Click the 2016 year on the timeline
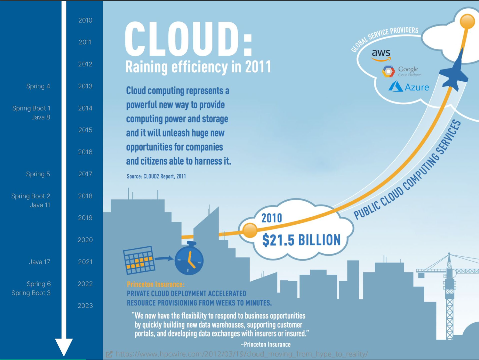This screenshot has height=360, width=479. point(85,152)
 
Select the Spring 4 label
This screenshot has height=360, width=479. point(38,86)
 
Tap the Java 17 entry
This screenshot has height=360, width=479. point(39,262)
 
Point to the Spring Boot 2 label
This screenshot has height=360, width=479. point(31,196)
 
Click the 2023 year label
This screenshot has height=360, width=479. point(85,306)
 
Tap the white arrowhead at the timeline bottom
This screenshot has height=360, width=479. point(64,347)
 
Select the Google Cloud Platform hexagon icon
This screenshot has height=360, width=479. point(388,71)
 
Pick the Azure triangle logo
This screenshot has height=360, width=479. point(395,87)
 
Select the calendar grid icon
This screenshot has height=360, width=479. point(139,260)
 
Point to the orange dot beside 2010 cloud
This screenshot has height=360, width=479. point(249,230)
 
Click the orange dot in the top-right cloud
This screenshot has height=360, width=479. point(467,21)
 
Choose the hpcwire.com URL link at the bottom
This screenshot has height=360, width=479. point(242,354)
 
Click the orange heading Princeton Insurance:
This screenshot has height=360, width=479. point(156,284)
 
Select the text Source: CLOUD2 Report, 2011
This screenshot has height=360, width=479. point(156,177)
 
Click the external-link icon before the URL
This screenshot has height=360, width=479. point(109,354)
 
